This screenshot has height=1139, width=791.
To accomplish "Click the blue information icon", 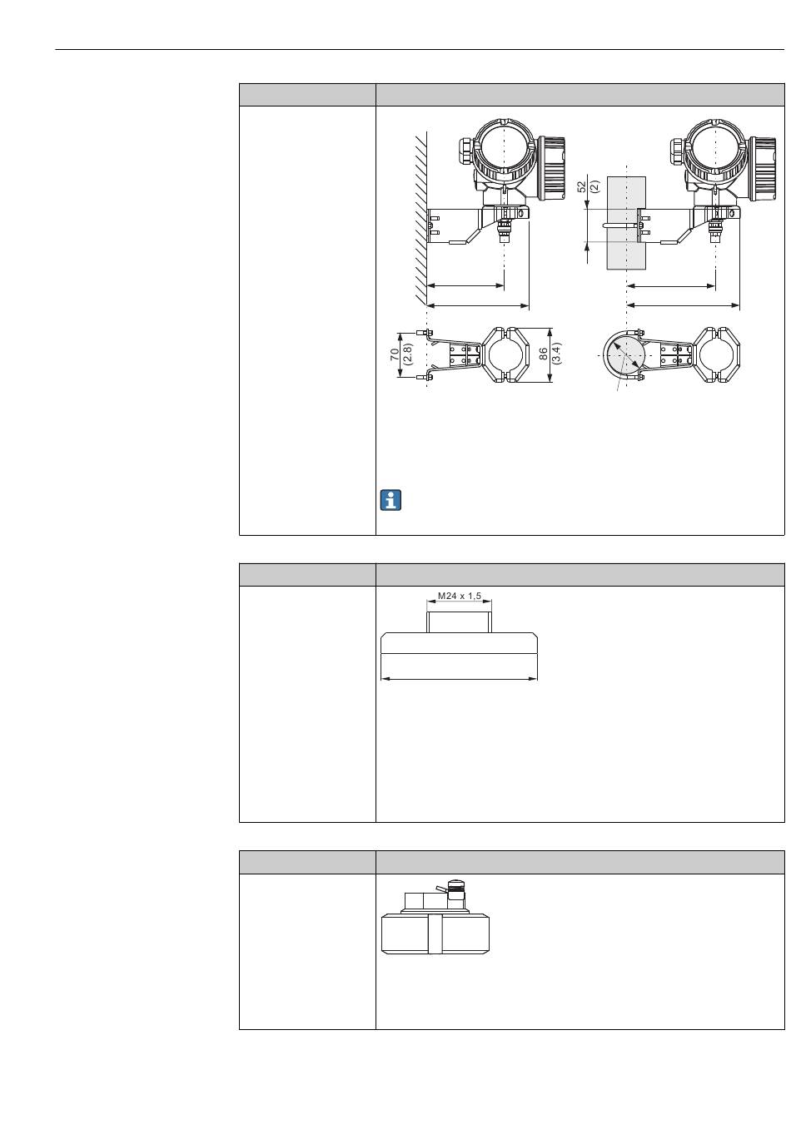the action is tap(391, 500).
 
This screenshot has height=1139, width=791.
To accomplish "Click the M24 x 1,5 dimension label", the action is tap(459, 596).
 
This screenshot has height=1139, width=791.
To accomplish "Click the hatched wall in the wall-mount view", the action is tap(420, 219).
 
